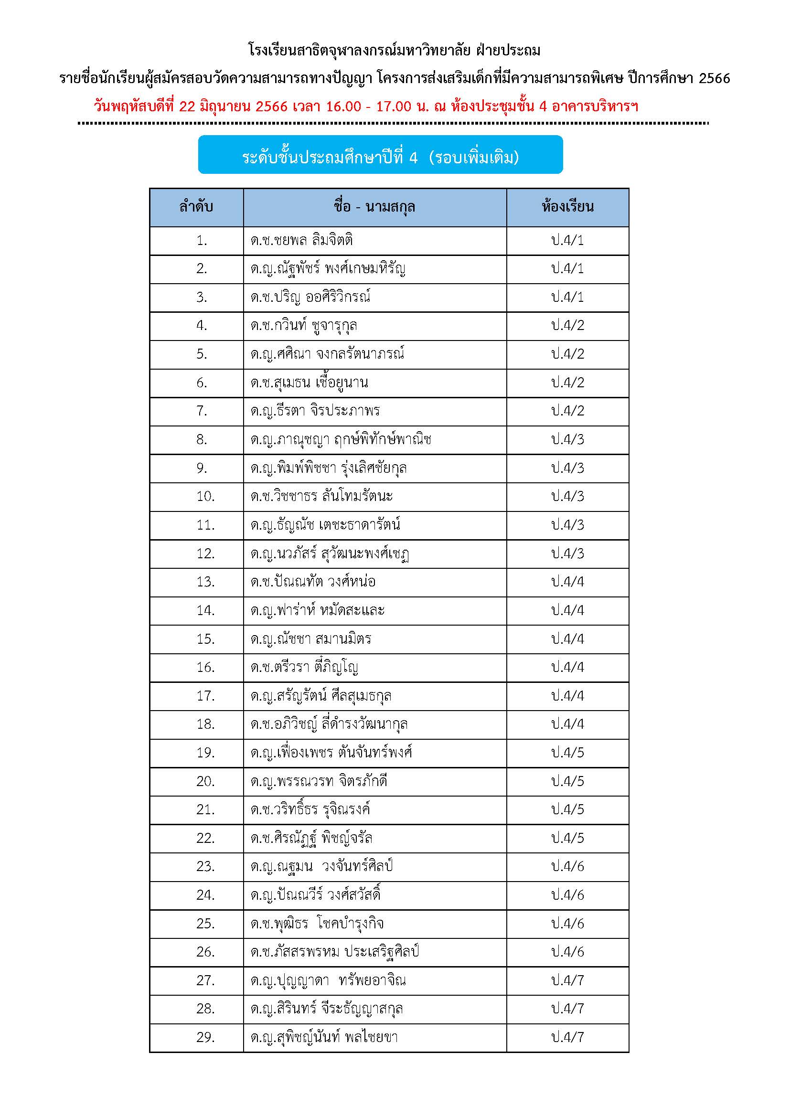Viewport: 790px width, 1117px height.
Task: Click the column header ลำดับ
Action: (196, 208)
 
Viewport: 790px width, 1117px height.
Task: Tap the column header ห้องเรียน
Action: (567, 208)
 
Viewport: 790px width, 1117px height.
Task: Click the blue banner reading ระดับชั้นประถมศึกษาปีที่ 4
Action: (380, 157)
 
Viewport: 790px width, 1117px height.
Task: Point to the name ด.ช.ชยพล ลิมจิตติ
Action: (301, 240)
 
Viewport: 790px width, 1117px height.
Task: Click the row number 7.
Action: (202, 411)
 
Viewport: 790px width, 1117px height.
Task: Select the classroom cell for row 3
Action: (567, 297)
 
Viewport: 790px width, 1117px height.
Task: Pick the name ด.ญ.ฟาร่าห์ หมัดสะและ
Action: (317, 610)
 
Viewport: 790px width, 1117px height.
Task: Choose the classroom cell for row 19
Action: (567, 753)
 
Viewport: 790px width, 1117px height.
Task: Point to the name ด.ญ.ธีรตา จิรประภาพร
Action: (315, 411)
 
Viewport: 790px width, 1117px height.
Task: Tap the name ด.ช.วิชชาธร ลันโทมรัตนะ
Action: (321, 496)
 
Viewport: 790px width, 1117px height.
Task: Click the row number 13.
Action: (205, 582)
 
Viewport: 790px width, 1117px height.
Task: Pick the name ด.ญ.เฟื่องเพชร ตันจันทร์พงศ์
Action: (331, 753)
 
